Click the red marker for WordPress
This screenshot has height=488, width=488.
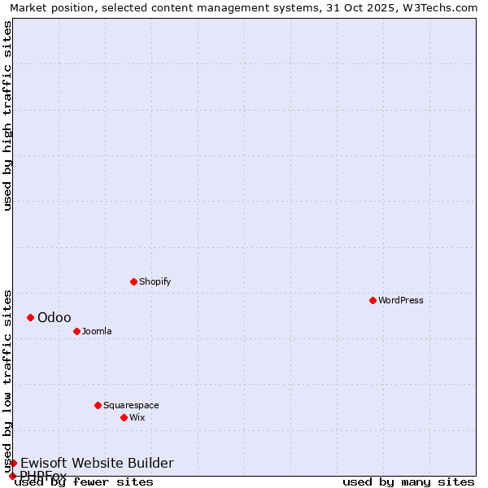(x=373, y=300)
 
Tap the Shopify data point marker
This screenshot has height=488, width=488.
(x=133, y=281)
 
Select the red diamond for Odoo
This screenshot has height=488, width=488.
(x=30, y=317)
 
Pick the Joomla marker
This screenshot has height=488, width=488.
(x=76, y=331)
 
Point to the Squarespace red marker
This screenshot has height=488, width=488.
(x=98, y=405)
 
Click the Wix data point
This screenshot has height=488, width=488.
(x=124, y=417)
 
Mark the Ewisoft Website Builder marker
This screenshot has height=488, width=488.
(x=13, y=463)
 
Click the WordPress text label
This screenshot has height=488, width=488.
(x=401, y=300)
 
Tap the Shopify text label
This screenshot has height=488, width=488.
(x=155, y=281)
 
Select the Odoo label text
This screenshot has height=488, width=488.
(x=54, y=317)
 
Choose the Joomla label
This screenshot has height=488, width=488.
(x=97, y=331)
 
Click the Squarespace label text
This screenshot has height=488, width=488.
(x=131, y=405)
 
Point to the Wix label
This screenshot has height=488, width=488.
(x=137, y=417)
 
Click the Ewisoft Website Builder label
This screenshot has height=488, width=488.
(x=97, y=463)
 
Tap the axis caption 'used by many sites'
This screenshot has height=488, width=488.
(x=408, y=482)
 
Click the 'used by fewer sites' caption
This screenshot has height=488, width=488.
(x=85, y=482)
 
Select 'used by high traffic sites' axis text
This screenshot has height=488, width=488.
(x=7, y=115)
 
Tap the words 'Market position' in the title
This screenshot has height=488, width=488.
(x=46, y=7)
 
